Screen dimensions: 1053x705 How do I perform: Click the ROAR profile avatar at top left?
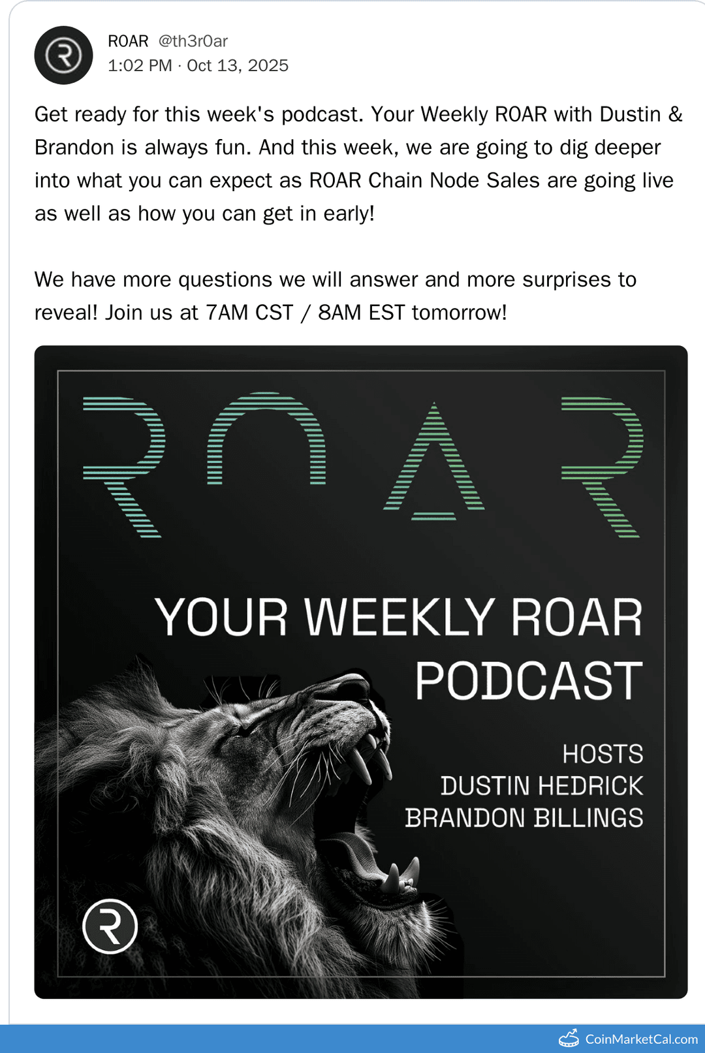(x=63, y=55)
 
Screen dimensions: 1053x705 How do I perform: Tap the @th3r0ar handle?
(x=193, y=41)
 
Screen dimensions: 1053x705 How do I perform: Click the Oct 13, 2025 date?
(x=238, y=66)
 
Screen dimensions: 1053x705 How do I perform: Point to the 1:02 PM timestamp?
(x=140, y=66)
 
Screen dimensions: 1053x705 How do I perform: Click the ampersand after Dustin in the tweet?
(x=675, y=114)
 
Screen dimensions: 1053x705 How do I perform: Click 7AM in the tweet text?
(x=227, y=313)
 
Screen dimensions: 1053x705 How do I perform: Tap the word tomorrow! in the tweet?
(x=459, y=313)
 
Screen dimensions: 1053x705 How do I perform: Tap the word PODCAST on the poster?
(x=529, y=681)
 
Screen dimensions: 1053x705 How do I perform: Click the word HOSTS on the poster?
(x=603, y=754)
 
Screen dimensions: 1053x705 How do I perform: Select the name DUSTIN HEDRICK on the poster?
(x=542, y=786)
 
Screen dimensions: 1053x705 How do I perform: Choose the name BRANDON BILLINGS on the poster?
(x=524, y=818)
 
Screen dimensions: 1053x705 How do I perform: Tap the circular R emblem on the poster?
(x=110, y=926)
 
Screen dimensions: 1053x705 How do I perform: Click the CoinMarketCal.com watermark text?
(x=641, y=1039)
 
